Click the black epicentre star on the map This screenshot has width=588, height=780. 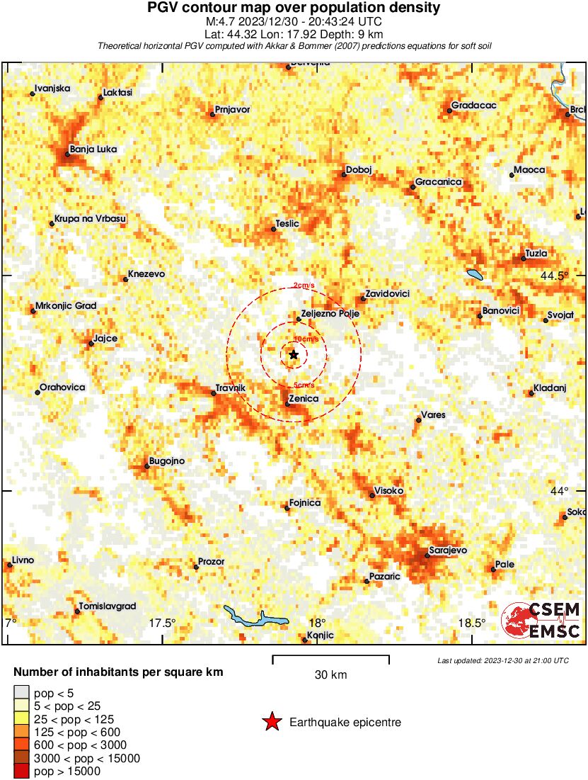click(294, 354)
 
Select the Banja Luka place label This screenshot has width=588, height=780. click(93, 149)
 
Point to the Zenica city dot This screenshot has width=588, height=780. click(287, 404)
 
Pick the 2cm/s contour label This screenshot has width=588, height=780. click(304, 286)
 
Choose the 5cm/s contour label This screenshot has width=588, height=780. click(304, 385)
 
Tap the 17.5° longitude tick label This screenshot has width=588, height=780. click(163, 623)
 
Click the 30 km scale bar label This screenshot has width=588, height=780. click(330, 675)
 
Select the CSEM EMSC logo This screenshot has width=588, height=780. click(541, 619)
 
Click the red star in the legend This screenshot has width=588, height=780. click(271, 723)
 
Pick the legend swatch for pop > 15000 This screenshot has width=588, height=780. click(21, 771)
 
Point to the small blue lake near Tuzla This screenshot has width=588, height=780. click(474, 273)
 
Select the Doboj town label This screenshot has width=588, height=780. click(358, 170)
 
